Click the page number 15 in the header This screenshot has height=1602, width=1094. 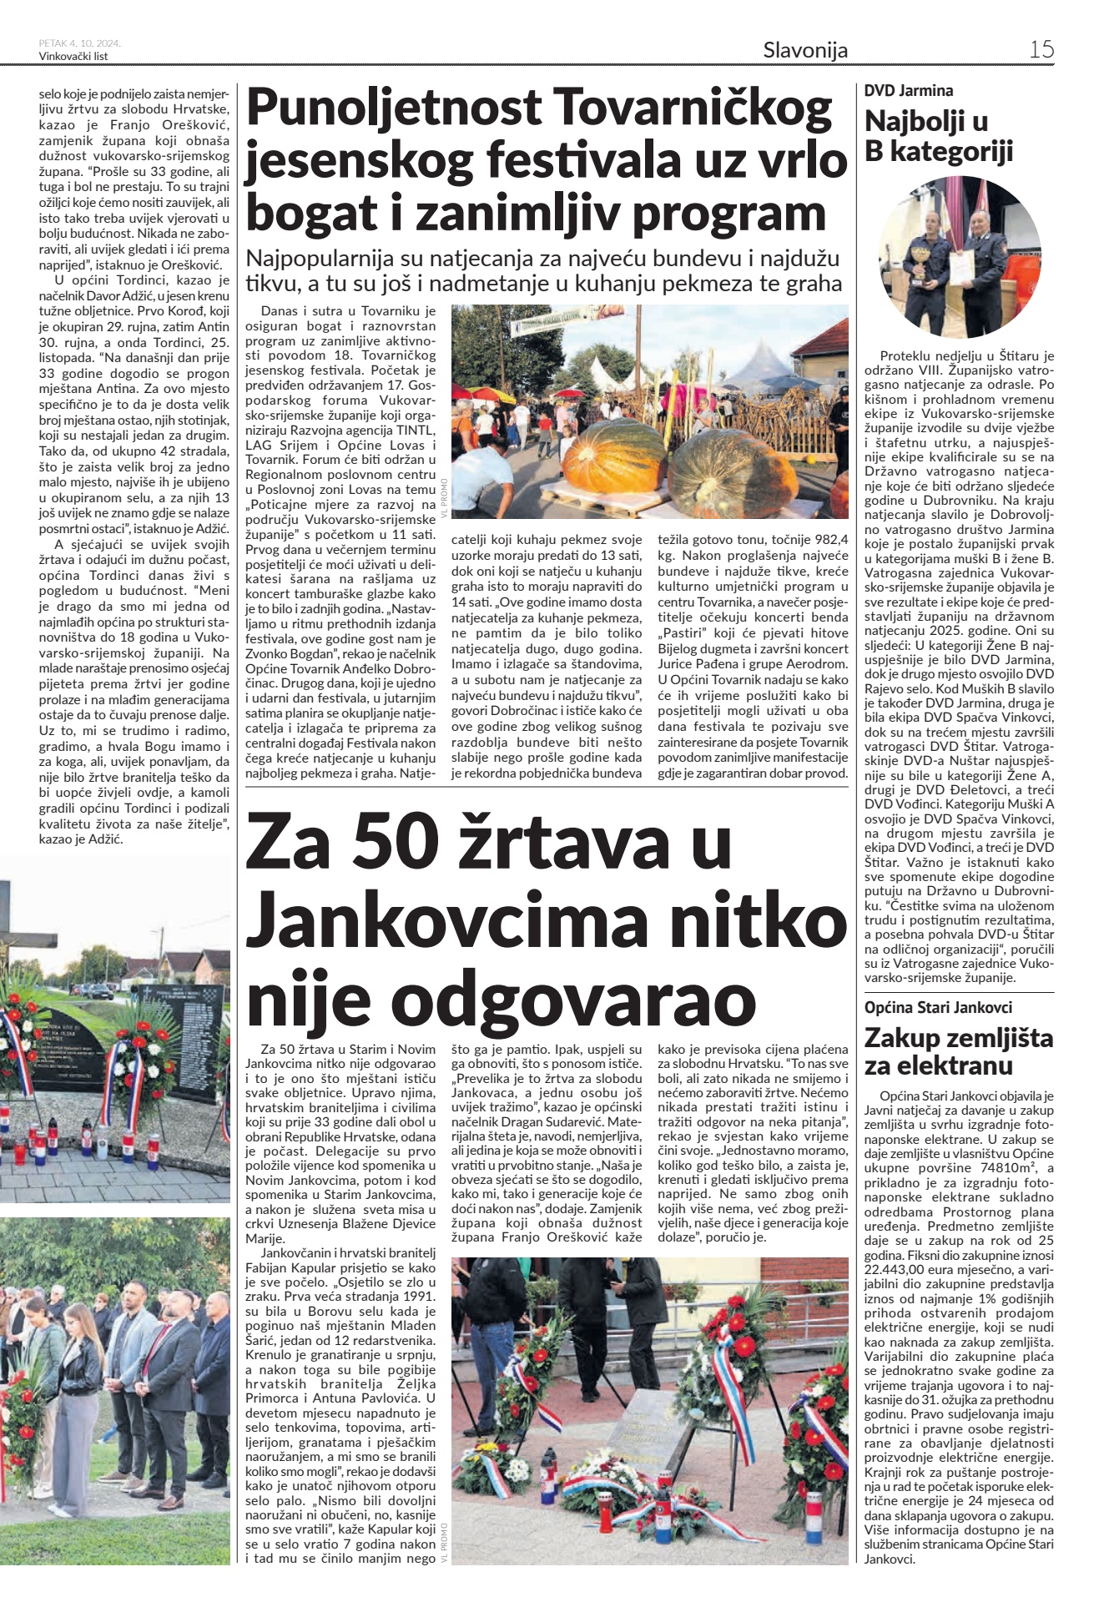1041,49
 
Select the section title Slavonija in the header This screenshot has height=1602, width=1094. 804,50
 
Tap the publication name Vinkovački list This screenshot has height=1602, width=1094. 73,57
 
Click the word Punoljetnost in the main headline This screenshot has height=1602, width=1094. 394,108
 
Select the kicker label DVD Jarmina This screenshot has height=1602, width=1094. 908,90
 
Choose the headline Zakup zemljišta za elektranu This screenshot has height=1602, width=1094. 958,1051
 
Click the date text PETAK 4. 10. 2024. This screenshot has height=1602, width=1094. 79,43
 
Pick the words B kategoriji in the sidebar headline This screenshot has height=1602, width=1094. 939,151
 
